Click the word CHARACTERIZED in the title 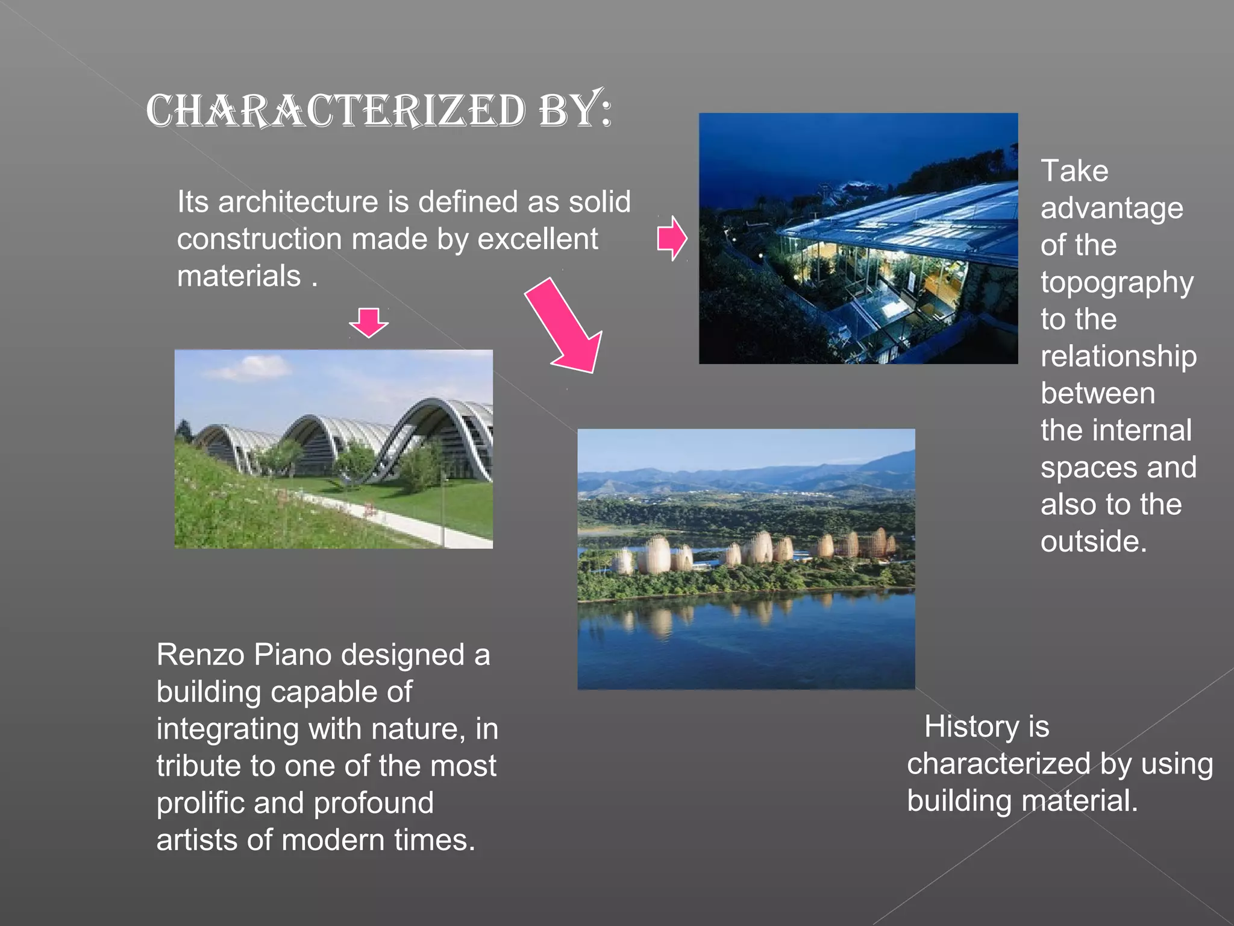click(336, 111)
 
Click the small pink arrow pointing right click(671, 238)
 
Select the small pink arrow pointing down click(369, 322)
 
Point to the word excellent click(537, 239)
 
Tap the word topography click(1117, 283)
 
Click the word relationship click(1118, 356)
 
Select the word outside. click(1092, 541)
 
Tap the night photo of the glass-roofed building click(858, 238)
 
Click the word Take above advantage click(1074, 171)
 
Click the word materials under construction click(239, 277)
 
